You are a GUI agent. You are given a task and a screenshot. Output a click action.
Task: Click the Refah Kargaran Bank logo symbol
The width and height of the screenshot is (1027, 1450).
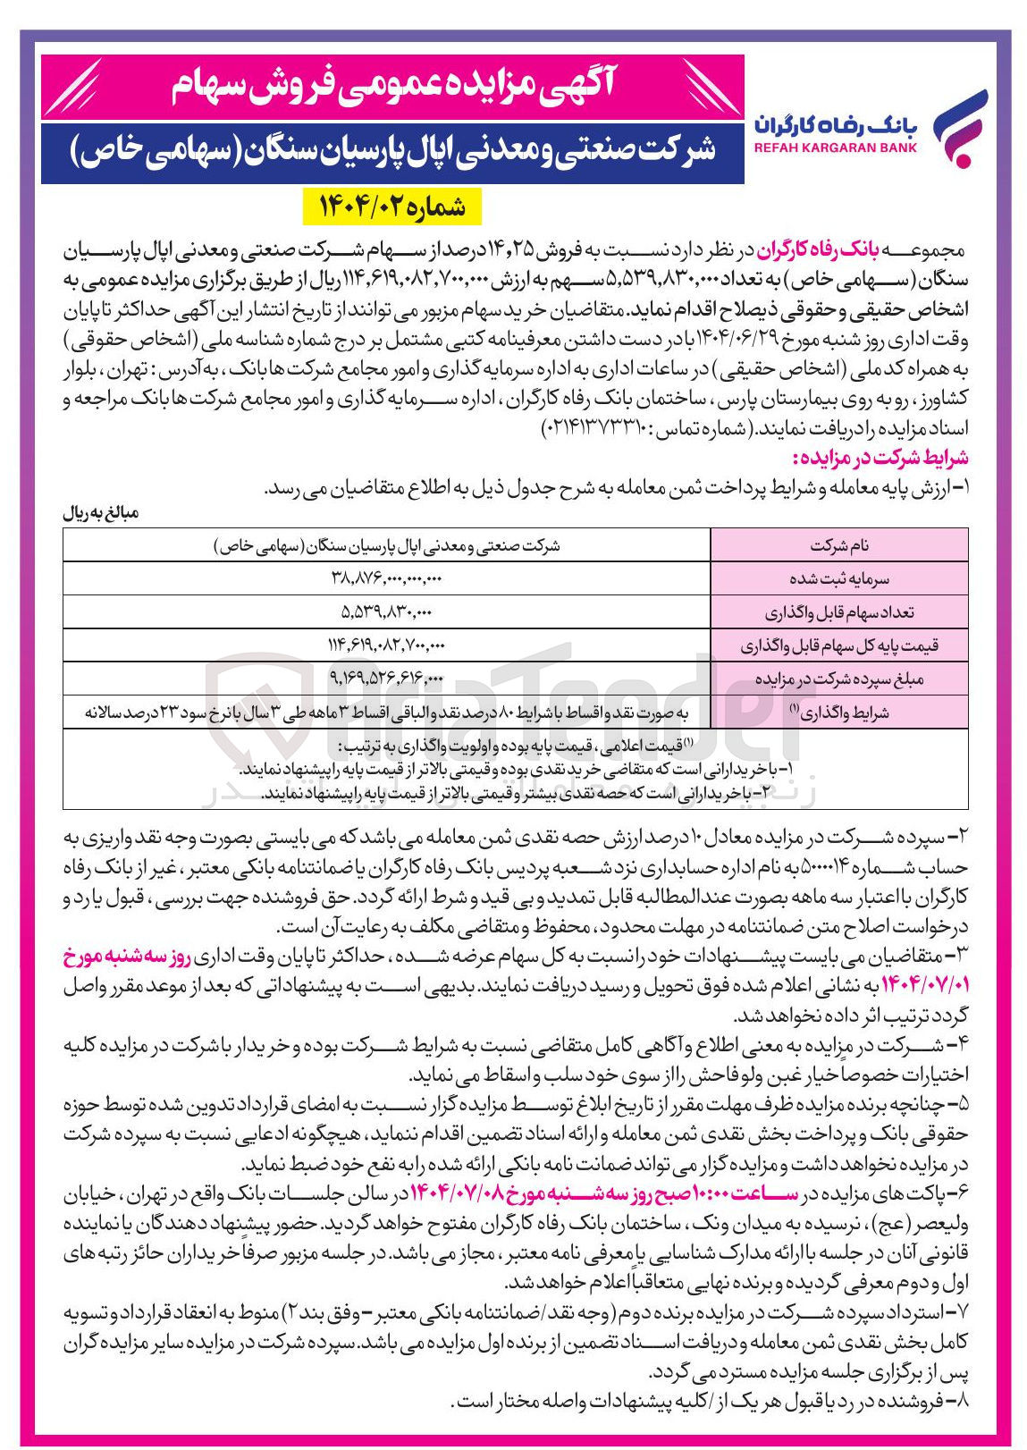[960, 128]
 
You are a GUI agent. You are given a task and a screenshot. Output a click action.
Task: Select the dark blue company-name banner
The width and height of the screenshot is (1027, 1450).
[391, 151]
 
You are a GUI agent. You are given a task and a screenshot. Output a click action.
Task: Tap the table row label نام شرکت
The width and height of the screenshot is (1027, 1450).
[838, 545]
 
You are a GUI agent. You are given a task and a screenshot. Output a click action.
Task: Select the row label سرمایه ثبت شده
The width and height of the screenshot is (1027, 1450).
[838, 578]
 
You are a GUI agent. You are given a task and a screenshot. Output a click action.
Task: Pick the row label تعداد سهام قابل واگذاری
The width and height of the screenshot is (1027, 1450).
[838, 612]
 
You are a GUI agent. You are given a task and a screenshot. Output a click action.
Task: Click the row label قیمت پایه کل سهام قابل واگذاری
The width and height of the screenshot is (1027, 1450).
[838, 645]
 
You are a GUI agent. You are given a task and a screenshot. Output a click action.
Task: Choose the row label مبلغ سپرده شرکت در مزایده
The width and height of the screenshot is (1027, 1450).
[838, 679]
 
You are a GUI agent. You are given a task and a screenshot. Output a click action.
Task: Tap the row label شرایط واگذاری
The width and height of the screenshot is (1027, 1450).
[838, 712]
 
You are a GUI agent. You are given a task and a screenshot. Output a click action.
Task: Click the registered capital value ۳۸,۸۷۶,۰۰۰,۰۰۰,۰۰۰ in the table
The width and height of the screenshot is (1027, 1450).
[386, 578]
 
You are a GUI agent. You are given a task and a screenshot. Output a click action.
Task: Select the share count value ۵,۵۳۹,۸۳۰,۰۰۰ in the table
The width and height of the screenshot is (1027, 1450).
[386, 612]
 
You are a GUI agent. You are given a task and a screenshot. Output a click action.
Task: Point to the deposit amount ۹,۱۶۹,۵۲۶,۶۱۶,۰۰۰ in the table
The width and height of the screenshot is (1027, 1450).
[386, 679]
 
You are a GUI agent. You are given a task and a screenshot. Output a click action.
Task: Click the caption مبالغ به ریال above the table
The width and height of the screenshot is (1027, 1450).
[101, 514]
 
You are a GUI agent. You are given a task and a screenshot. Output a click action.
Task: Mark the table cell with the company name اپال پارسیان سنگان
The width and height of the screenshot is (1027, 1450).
[386, 545]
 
